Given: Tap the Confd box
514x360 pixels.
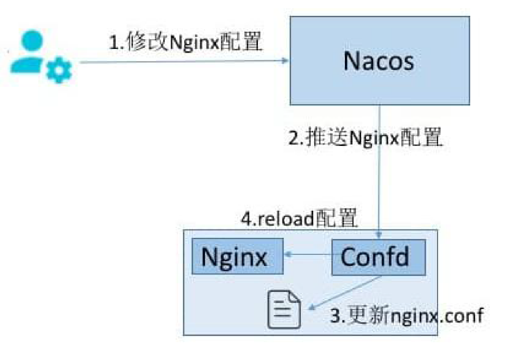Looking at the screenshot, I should click(x=379, y=257).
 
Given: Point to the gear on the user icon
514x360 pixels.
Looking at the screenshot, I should click(x=59, y=71).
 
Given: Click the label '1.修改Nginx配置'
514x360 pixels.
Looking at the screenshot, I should click(x=185, y=44).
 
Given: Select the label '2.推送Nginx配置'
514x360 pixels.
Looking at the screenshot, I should click(x=365, y=139).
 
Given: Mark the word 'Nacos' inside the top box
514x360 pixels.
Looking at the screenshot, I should click(x=379, y=61).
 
